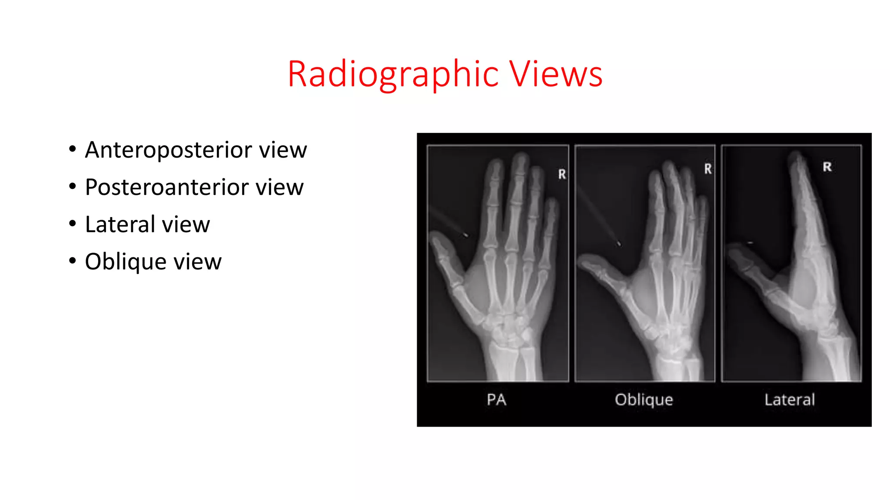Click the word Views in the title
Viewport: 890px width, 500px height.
(556, 75)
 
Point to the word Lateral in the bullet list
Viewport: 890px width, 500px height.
(120, 224)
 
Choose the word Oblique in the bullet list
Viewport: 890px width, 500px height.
(126, 262)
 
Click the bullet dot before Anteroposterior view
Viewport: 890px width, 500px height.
(73, 149)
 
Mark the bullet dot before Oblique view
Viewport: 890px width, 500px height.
(73, 261)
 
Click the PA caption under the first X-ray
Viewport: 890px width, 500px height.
(496, 400)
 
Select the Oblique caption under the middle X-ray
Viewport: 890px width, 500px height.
(644, 400)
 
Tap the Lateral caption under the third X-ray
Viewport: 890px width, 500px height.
(790, 400)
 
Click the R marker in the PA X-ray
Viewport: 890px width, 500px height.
(562, 174)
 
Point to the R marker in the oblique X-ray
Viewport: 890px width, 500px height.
(708, 169)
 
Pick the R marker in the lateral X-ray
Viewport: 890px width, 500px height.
(827, 167)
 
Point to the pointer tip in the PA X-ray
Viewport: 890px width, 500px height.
(465, 235)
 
